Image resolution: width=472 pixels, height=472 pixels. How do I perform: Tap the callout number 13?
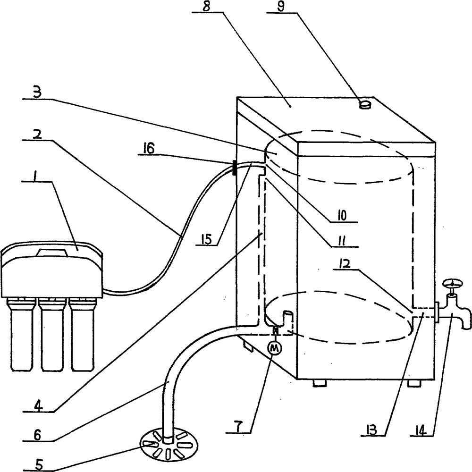[x=371, y=430]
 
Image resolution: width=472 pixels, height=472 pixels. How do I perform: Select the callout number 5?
[x=40, y=465]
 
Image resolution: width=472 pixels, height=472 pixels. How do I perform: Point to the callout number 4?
[x=38, y=406]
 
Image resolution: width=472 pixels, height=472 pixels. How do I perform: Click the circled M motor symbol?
[x=274, y=349]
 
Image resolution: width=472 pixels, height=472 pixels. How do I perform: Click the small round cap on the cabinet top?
[x=365, y=105]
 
